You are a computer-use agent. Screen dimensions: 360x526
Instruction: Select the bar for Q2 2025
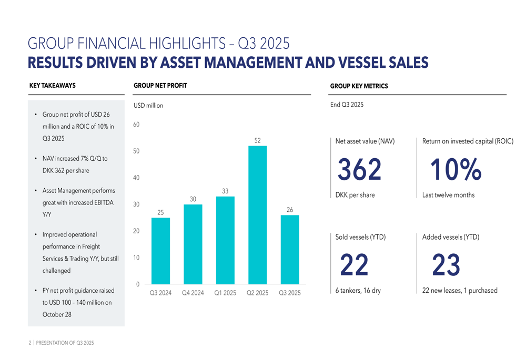pos(257,215)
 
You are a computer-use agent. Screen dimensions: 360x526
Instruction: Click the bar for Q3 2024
pos(160,251)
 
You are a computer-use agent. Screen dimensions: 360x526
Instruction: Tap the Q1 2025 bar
pos(225,240)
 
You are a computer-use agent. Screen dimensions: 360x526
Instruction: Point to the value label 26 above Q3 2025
pos(290,210)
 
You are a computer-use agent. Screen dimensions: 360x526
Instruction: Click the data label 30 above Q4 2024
pos(193,199)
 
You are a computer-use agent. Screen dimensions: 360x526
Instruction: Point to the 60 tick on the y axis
pos(136,125)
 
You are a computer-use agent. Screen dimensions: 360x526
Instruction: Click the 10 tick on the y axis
pos(136,258)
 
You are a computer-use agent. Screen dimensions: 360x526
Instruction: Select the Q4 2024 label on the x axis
pos(193,293)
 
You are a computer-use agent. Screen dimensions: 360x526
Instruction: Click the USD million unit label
pos(148,106)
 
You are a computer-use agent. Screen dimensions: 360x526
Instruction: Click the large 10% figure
pos(456,169)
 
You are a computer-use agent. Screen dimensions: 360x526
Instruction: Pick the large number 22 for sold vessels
pos(354,264)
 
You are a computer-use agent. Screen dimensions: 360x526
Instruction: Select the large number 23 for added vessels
pos(446,264)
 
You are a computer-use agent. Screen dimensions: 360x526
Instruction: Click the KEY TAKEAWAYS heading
pos(53,86)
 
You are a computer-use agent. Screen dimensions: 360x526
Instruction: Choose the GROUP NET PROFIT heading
pos(160,86)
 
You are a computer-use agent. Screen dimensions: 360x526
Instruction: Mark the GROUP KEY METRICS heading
pos(359,86)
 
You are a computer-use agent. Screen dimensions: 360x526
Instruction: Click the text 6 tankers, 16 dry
pos(358,291)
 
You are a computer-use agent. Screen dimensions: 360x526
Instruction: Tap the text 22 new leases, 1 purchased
pos(460,291)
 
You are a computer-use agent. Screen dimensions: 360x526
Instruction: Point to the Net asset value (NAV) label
pos(365,141)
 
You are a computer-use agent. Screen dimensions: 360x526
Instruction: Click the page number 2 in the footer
pos(30,343)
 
